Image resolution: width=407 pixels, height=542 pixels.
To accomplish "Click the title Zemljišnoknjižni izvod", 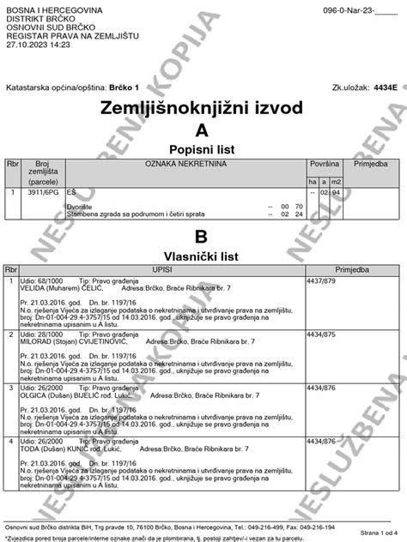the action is [203, 110].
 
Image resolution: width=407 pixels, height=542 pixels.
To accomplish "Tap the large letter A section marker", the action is [203, 130].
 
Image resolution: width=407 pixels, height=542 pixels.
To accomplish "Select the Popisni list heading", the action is [203, 149].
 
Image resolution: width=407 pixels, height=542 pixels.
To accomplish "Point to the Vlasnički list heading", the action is [203, 255].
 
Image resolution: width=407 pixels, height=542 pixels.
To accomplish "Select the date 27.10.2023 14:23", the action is [38, 44].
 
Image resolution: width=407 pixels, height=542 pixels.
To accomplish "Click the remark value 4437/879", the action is [323, 280].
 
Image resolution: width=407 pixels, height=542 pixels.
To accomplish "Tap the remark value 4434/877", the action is [323, 440].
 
